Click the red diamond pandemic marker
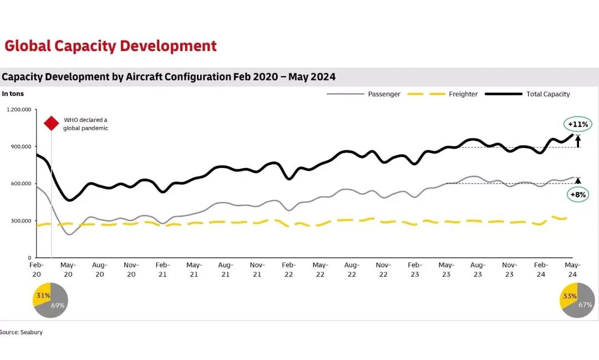click(x=52, y=123)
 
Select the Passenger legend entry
click(x=384, y=94)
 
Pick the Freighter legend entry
click(x=463, y=94)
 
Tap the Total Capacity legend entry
click(x=547, y=94)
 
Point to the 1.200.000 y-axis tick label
click(x=18, y=109)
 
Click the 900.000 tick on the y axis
click(x=21, y=146)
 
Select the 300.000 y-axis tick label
click(x=21, y=221)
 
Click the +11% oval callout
click(x=577, y=124)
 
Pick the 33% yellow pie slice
click(x=569, y=296)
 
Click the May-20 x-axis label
click(x=68, y=269)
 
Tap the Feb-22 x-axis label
click(x=289, y=269)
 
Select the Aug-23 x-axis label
click(x=478, y=269)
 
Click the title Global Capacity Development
click(x=110, y=45)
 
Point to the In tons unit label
click(x=13, y=94)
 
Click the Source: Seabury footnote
click(x=21, y=332)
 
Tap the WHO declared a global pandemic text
click(x=85, y=124)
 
